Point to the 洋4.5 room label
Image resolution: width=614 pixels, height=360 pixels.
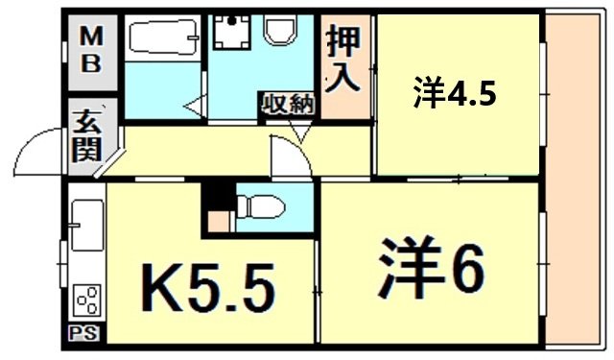coord(456,94)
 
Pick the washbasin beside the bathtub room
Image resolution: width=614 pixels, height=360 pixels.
coord(230,35)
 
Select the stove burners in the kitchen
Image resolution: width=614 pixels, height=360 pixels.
coord(87,300)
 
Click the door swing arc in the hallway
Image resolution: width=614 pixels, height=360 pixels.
coord(291,157)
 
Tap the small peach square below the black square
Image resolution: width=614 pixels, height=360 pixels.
coord(219,222)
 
